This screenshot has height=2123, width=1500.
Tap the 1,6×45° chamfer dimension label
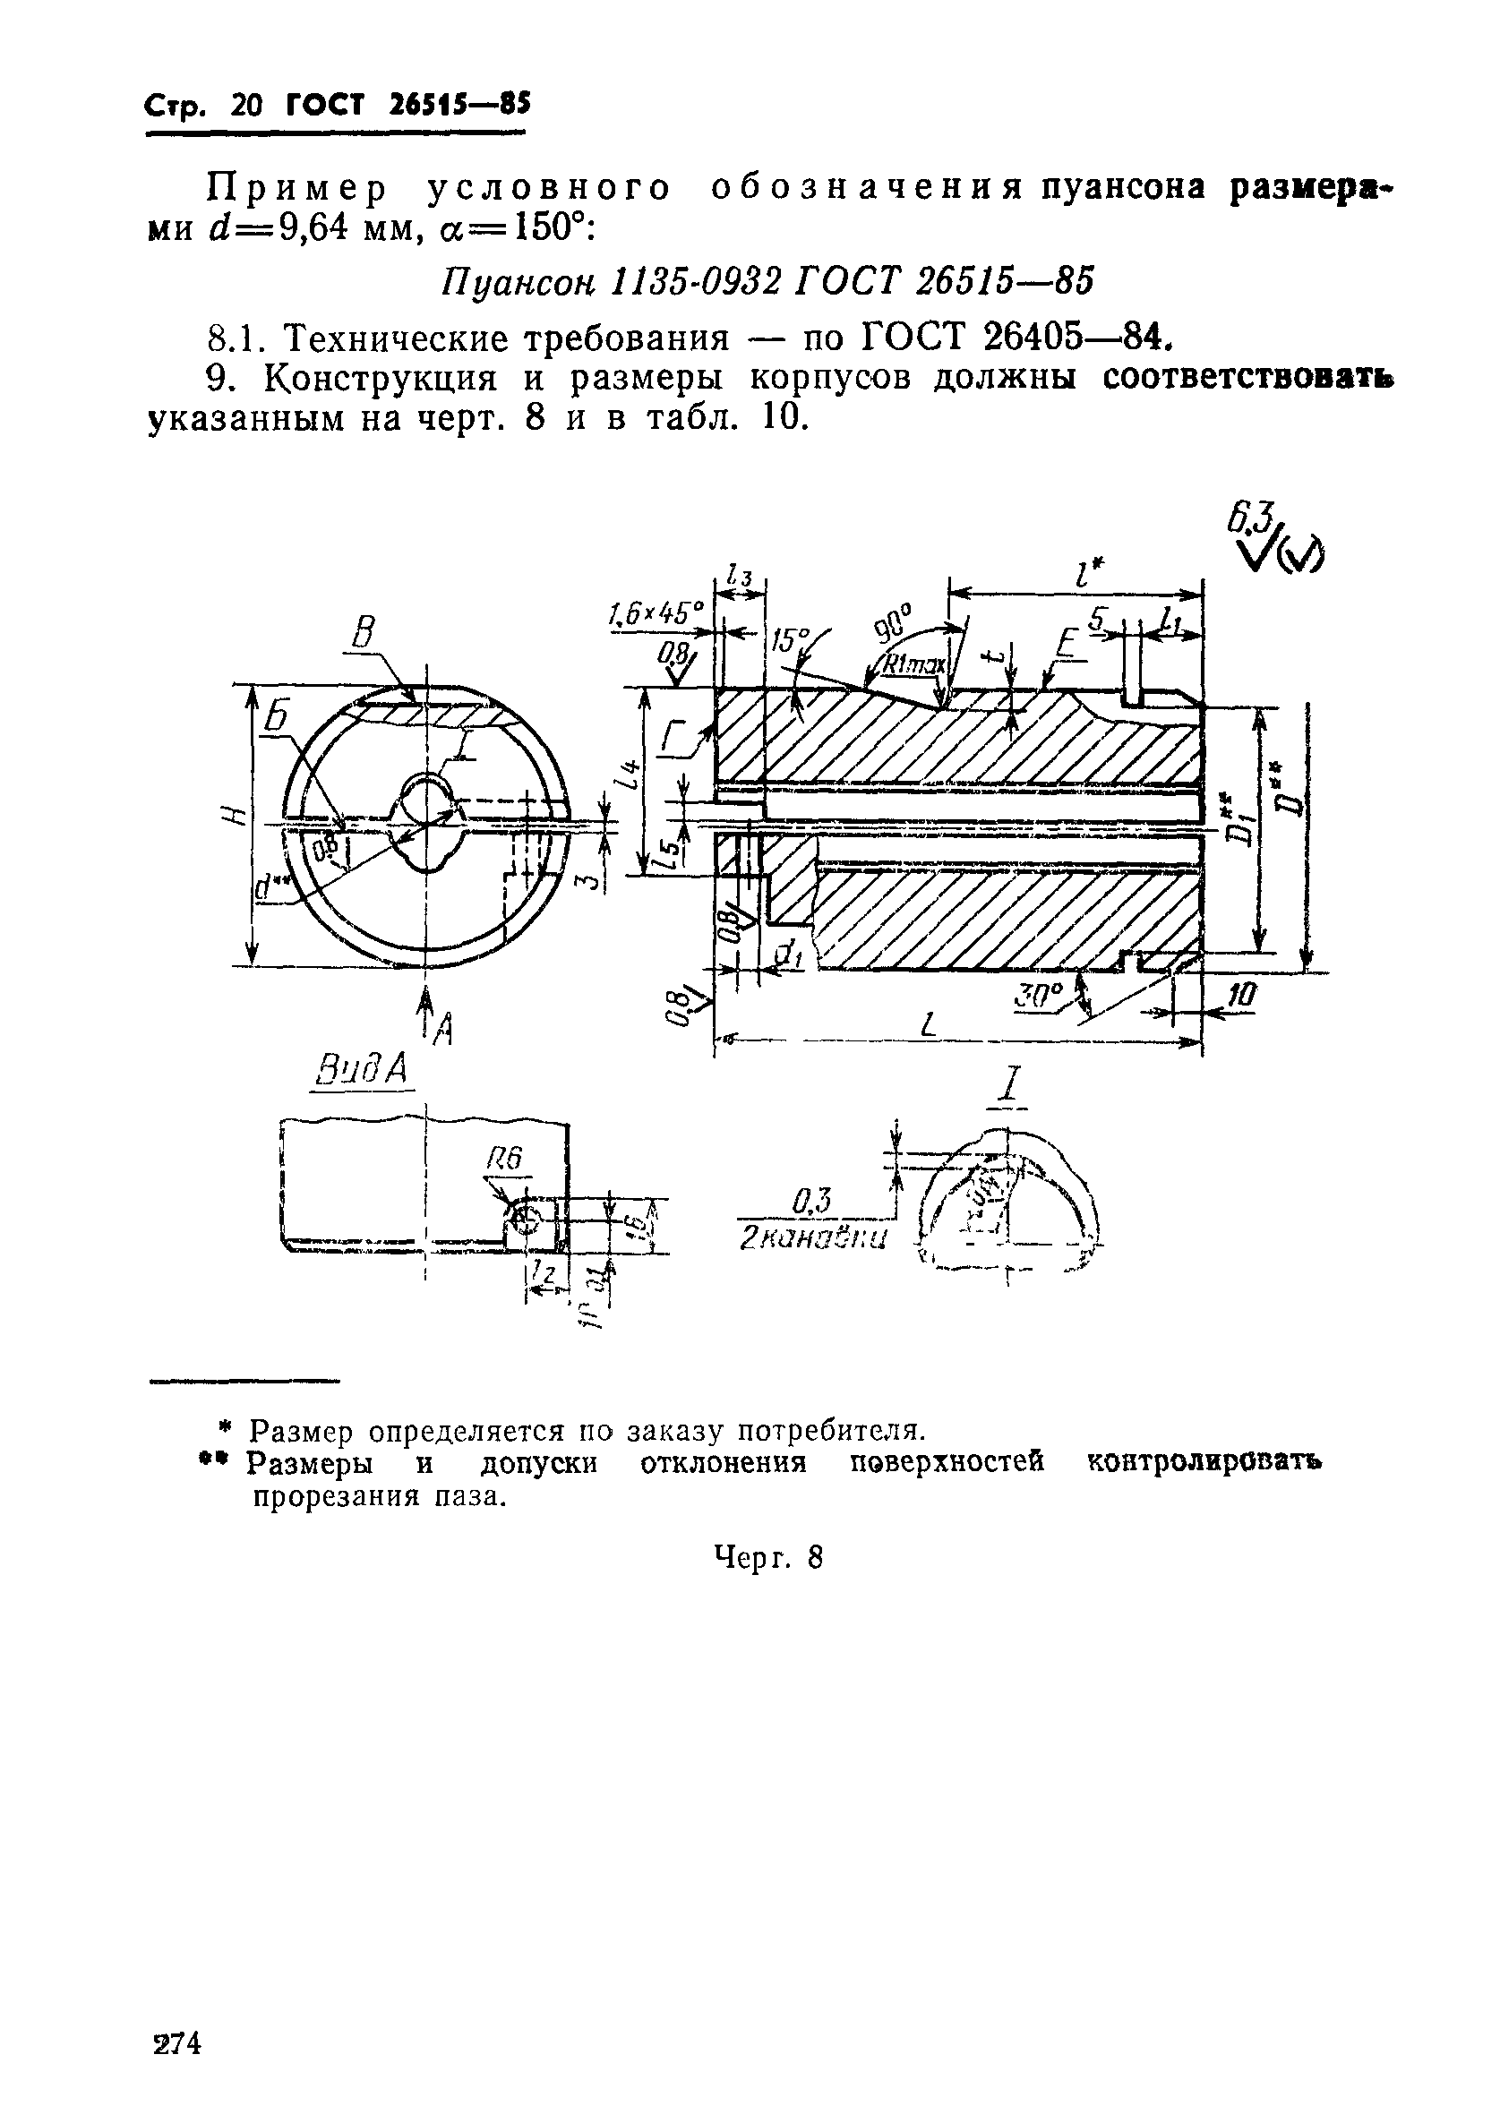[656, 612]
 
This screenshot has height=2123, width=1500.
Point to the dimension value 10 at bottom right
[1243, 996]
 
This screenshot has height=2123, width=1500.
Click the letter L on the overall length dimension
[930, 1024]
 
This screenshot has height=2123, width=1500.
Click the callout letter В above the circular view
[364, 634]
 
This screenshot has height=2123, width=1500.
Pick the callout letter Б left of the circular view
[276, 716]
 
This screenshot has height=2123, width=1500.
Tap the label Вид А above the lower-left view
[362, 1072]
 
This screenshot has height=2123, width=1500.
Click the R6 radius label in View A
[506, 1160]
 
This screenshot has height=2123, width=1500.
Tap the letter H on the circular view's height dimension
[236, 817]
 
